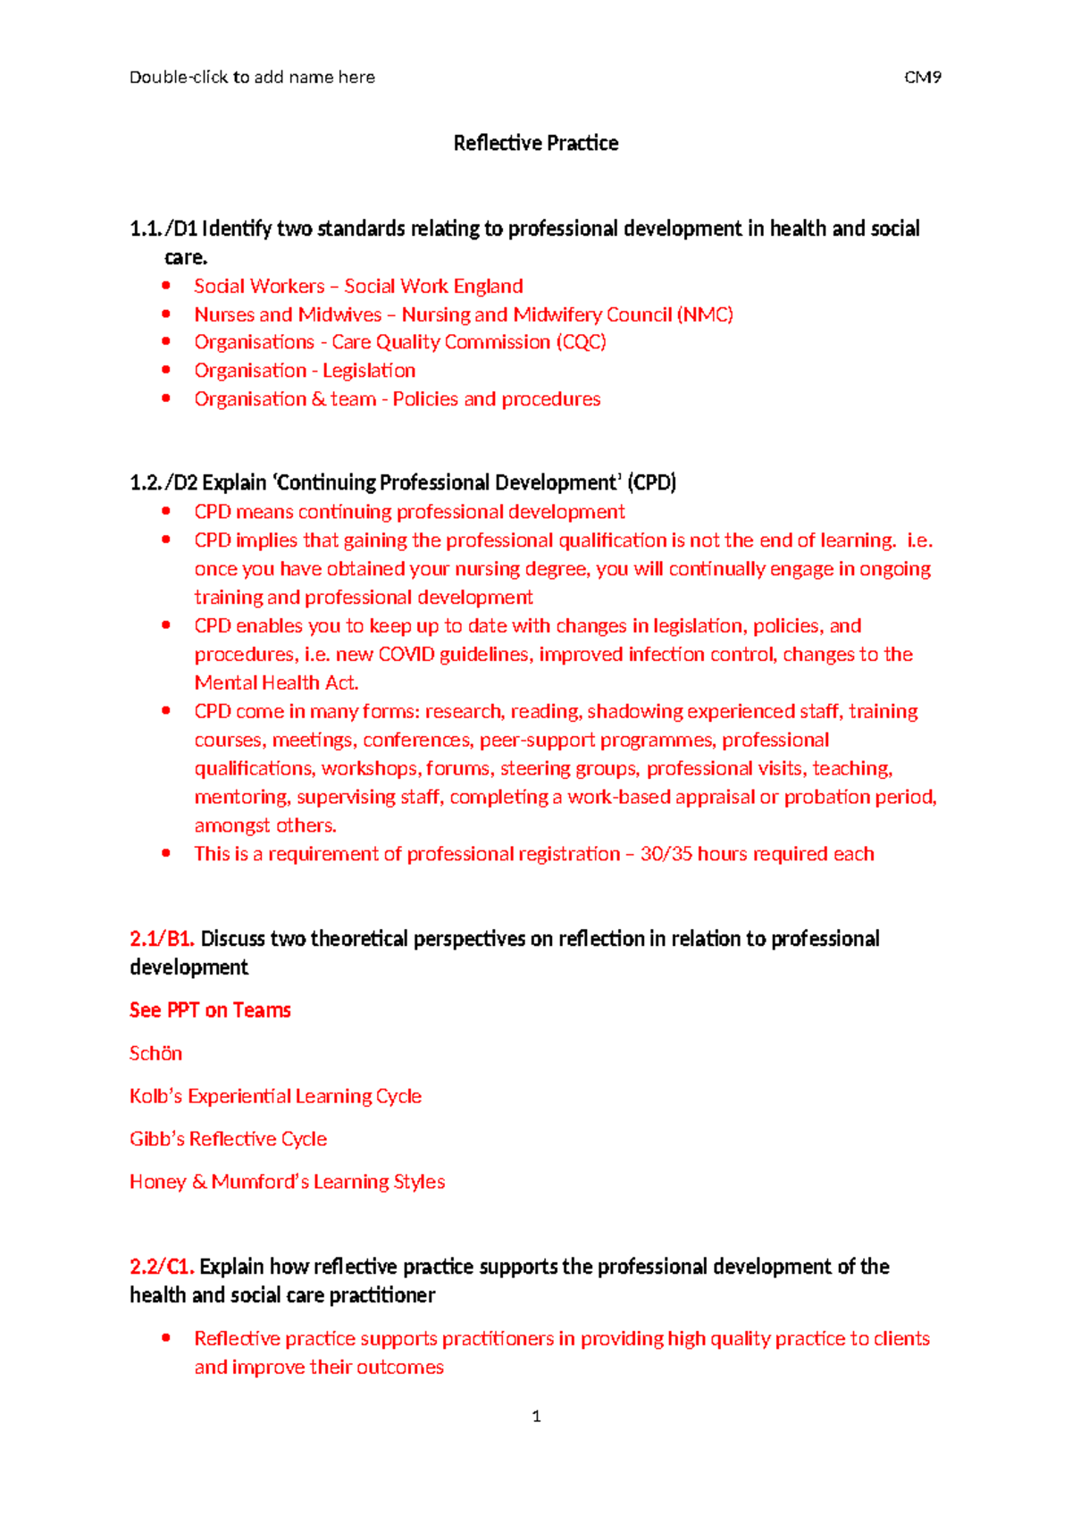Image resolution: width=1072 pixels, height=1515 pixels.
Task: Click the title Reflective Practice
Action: [x=535, y=143]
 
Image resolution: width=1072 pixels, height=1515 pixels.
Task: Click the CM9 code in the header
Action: [x=922, y=77]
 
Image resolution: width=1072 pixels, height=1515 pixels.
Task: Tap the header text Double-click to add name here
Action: [x=252, y=77]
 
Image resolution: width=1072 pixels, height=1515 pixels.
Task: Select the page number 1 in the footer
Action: [x=536, y=1416]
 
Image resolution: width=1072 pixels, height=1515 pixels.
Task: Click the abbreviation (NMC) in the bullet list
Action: [x=705, y=314]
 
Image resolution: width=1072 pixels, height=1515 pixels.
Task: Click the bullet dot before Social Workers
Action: [x=166, y=286]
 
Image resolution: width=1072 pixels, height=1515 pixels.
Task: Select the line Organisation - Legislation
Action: [x=305, y=371]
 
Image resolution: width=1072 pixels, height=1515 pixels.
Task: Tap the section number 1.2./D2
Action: [x=163, y=483]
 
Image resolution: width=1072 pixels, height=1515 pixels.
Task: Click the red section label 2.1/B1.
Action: [x=162, y=939]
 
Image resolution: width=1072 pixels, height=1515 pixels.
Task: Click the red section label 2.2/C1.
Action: [x=162, y=1267]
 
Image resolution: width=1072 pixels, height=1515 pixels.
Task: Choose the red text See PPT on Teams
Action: [x=210, y=1010]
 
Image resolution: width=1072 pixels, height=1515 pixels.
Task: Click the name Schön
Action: [x=155, y=1053]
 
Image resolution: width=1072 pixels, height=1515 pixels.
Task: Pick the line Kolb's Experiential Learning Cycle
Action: [x=275, y=1096]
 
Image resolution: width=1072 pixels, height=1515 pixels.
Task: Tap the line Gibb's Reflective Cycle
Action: [x=228, y=1139]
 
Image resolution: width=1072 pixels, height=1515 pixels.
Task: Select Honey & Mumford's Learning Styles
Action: [x=287, y=1182]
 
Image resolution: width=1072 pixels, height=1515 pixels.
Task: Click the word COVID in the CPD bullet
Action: [x=406, y=655]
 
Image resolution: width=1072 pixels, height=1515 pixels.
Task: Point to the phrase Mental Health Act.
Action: [x=276, y=683]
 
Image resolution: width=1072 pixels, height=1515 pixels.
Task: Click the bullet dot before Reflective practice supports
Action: [x=166, y=1338]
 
